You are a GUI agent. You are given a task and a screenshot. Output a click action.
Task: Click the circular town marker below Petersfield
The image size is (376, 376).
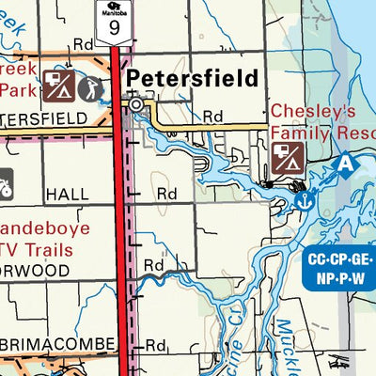[x=137, y=104]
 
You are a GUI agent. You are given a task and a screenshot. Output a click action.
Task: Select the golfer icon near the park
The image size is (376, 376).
[x=92, y=88]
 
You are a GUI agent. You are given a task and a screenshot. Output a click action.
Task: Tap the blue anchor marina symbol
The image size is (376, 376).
[x=303, y=199]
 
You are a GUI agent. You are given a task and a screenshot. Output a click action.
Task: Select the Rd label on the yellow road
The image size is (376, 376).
[x=212, y=117]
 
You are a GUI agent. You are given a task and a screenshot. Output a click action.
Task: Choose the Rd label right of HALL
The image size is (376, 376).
[x=167, y=194]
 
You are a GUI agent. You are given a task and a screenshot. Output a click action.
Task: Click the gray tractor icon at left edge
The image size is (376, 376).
[x=5, y=184]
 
